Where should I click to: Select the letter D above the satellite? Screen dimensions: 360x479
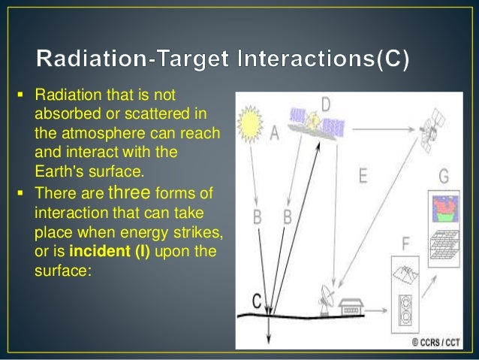[326, 103]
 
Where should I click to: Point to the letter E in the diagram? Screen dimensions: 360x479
[363, 177]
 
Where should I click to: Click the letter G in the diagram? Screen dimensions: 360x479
[444, 177]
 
